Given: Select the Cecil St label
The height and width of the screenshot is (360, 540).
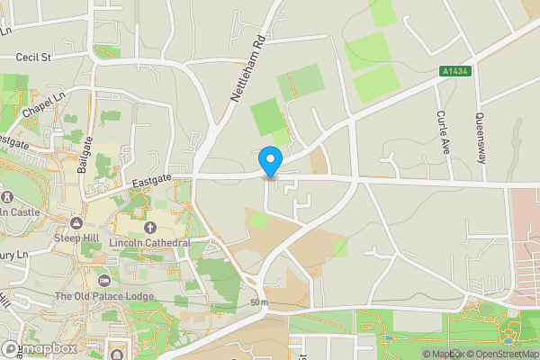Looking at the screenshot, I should (34, 57).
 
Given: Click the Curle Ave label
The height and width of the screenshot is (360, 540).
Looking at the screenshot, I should (442, 130).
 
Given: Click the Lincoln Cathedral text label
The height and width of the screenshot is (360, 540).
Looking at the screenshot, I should (149, 243).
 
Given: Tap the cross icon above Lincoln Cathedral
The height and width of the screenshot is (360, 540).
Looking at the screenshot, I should (149, 228).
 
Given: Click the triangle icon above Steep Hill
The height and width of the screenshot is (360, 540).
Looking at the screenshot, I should (76, 222).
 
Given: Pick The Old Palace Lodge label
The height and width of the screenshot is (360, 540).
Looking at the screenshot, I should (103, 296).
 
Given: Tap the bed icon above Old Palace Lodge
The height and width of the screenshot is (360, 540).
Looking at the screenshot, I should (103, 281).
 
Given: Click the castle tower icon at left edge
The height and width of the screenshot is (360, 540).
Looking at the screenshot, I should (5, 196).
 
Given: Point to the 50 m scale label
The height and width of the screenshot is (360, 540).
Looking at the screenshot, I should (260, 302).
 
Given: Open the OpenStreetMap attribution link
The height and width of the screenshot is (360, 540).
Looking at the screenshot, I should (500, 354).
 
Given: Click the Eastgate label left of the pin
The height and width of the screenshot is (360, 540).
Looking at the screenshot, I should (151, 183).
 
